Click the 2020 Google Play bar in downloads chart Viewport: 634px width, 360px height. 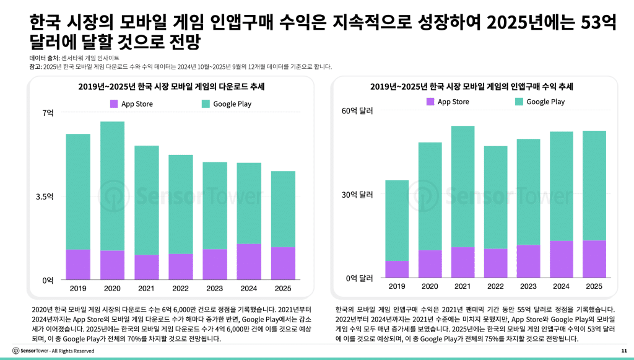coord(113,186)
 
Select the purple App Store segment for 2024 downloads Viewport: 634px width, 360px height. coord(249,261)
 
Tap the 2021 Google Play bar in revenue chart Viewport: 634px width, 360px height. coord(462,186)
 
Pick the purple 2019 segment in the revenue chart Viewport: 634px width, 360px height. coord(397,270)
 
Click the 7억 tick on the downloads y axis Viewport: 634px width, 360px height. coord(48,113)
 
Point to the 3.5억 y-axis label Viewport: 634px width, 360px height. coord(45,196)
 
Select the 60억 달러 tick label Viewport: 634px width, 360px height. coord(358,111)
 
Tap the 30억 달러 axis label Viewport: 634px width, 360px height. coord(358,195)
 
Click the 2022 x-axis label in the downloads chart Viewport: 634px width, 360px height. coord(181,289)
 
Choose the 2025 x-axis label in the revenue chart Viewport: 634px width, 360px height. coord(594,286)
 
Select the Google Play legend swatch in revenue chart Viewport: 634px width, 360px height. coord(519,102)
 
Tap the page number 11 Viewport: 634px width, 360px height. coord(623,351)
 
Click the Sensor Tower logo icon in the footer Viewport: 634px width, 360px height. coord(15,351)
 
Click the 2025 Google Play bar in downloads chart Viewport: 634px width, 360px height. coord(283,209)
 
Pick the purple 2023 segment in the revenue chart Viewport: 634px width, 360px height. coord(528,261)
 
